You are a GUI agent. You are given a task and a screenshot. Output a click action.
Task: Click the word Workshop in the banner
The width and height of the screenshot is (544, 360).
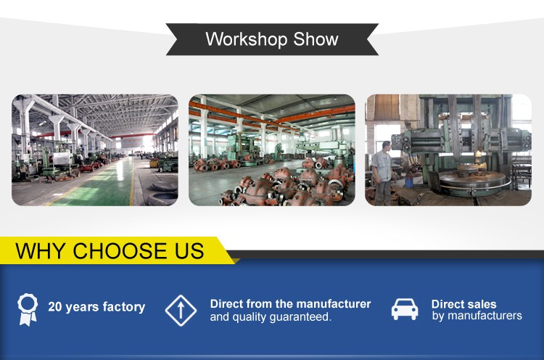point(247,39)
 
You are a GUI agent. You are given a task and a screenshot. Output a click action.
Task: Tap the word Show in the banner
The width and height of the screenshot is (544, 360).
point(316,39)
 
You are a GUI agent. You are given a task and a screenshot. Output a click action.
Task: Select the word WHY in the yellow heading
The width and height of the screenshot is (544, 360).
point(40,250)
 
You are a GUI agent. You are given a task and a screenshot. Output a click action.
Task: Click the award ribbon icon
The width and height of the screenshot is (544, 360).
point(28,309)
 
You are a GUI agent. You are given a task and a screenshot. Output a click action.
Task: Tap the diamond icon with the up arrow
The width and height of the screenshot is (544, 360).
point(181,311)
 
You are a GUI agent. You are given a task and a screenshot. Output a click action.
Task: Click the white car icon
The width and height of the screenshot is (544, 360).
point(405,309)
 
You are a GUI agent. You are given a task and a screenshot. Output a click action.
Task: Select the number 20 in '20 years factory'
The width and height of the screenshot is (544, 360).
point(55,306)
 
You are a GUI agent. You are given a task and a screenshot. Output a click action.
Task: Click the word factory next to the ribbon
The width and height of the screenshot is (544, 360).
point(124,307)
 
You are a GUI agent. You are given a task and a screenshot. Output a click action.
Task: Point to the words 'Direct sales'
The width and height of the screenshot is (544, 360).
point(464,304)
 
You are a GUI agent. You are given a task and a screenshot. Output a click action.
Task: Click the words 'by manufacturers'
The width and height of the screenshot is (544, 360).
point(477,316)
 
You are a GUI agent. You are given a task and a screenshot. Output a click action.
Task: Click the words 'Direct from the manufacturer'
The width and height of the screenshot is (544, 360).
point(290,304)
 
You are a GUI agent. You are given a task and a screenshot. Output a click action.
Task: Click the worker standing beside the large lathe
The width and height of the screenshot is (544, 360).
point(382,173)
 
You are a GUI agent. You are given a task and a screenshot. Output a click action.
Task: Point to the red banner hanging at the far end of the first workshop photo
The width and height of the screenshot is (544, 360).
point(131,142)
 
